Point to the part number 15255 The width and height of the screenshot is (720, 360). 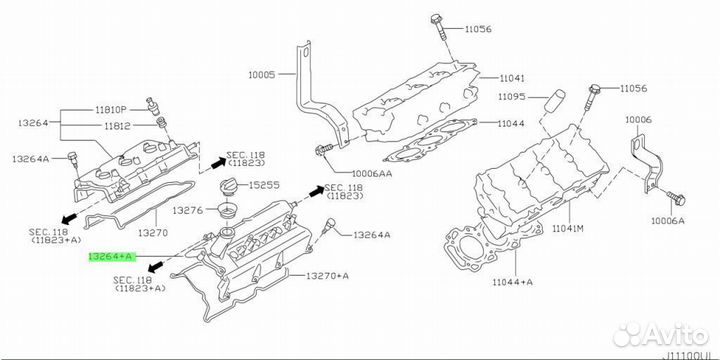point(264,186)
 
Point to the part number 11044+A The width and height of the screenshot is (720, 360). point(513,283)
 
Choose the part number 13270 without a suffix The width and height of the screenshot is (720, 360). point(152,231)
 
